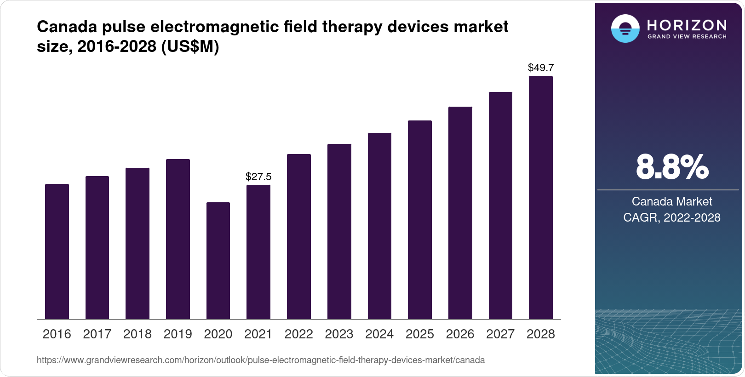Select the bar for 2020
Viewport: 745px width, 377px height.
pyautogui.click(x=218, y=261)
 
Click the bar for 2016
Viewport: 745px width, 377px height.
pyautogui.click(x=57, y=251)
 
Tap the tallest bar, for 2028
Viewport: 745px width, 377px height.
pyautogui.click(x=541, y=198)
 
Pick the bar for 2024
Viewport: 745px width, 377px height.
pyautogui.click(x=379, y=226)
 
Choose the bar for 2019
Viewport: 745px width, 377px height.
pyautogui.click(x=178, y=239)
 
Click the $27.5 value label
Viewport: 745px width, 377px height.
pyautogui.click(x=258, y=177)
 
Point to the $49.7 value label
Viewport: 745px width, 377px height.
pyautogui.click(x=541, y=68)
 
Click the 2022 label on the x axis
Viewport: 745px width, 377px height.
pyautogui.click(x=298, y=334)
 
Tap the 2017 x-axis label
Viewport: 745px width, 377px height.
pyautogui.click(x=97, y=334)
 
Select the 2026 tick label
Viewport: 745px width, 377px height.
pyautogui.click(x=460, y=334)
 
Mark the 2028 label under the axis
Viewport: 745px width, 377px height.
pyautogui.click(x=541, y=334)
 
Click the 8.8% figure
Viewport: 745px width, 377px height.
pyautogui.click(x=672, y=167)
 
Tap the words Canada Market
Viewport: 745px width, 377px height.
pyautogui.click(x=672, y=201)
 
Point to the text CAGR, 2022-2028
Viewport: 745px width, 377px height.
pyautogui.click(x=672, y=217)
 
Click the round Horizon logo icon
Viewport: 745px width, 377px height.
pyautogui.click(x=625, y=29)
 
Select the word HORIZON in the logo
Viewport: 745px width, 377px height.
pyautogui.click(x=687, y=25)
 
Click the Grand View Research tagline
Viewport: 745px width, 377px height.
pyautogui.click(x=687, y=36)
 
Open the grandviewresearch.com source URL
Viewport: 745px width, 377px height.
pyautogui.click(x=261, y=360)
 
